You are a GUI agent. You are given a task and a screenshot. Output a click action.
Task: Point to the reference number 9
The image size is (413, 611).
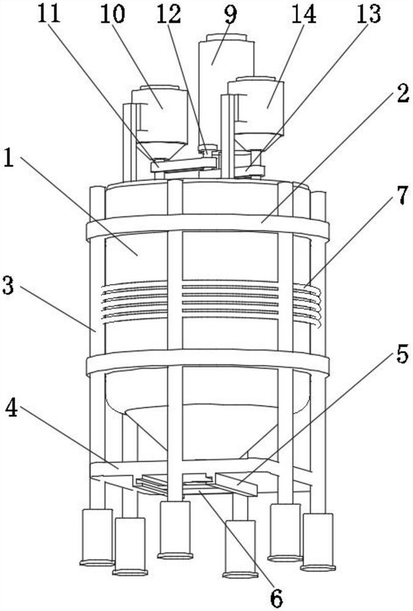pyautogui.click(x=229, y=15)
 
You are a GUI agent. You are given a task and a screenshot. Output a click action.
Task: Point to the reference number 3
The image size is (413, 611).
pyautogui.click(x=9, y=286)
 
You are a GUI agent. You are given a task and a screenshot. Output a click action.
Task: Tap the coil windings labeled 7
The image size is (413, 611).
pyautogui.click(x=308, y=305)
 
